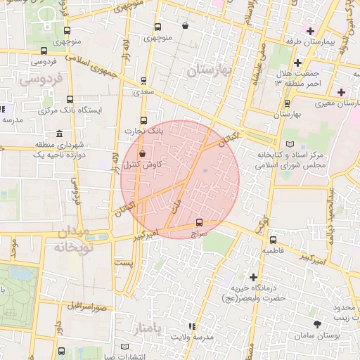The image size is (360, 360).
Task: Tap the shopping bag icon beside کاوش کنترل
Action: click(x=143, y=153)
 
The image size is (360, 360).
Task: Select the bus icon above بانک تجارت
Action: click(x=144, y=120)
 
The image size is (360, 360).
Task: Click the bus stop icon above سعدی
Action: click(x=144, y=81)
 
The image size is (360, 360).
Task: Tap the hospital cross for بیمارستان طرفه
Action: click(x=310, y=30)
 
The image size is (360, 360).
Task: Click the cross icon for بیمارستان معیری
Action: click(x=341, y=92)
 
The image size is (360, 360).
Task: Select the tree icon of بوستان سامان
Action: click(x=318, y=324)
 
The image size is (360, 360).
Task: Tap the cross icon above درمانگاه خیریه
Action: click(x=253, y=277)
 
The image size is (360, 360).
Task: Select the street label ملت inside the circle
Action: click(x=175, y=204)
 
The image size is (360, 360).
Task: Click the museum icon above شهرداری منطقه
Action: click(x=58, y=134)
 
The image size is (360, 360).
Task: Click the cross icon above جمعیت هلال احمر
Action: click(x=297, y=63)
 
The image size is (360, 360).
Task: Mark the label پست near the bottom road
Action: click(x=123, y=262)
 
